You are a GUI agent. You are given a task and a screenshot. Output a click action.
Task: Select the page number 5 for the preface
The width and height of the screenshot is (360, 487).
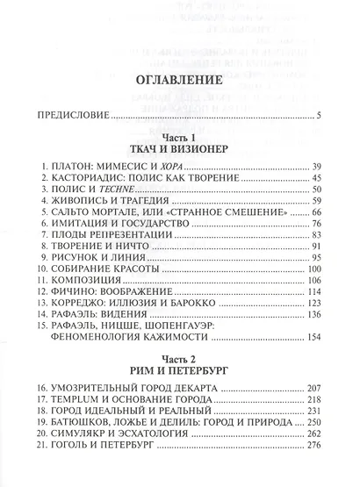point(320,115)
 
